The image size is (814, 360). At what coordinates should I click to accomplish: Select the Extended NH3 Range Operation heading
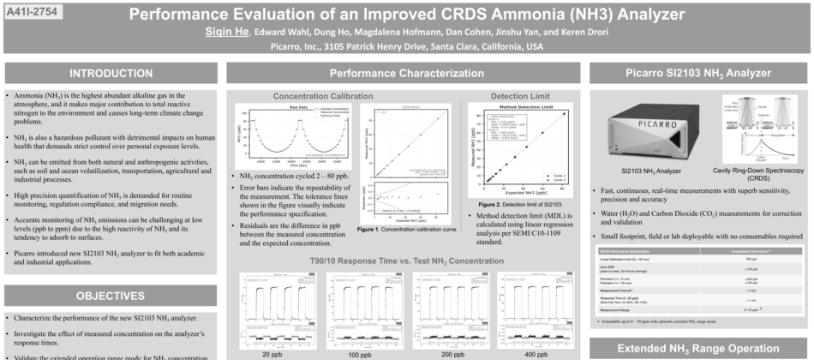698,347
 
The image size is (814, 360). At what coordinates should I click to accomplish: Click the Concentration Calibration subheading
322,96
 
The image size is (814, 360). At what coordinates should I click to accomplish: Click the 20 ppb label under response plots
272,353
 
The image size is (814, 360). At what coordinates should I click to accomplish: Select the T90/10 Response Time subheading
406,260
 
